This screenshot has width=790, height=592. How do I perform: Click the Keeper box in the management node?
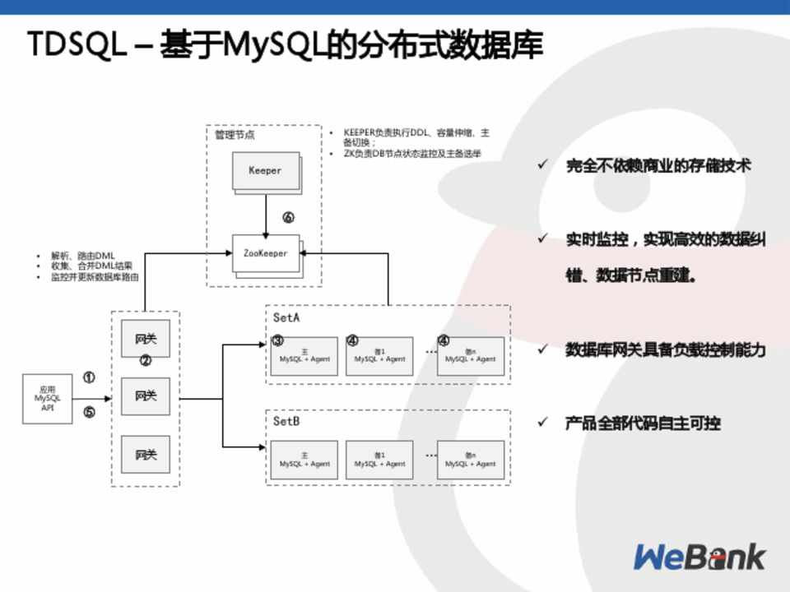point(265,171)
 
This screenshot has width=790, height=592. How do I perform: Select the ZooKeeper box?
point(265,253)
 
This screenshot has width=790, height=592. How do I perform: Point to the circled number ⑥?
point(288,218)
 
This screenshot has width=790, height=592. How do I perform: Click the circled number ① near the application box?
point(89,378)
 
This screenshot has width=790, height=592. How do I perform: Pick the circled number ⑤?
point(89,413)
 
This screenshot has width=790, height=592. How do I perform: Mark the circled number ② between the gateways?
point(146,361)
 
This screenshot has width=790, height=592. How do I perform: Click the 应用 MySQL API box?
point(47,398)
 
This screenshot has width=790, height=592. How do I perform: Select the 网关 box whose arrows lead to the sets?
point(146,396)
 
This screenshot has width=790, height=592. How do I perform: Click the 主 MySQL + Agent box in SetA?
point(304,357)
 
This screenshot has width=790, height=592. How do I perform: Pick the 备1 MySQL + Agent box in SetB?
point(379,460)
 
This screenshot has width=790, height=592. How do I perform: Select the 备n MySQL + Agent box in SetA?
point(471,357)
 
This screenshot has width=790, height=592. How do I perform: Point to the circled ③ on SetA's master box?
point(277,340)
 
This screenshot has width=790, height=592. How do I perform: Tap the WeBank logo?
point(699,557)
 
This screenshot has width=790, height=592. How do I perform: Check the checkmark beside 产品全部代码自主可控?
point(542,423)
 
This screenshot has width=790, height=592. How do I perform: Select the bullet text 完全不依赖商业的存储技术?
point(658,166)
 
